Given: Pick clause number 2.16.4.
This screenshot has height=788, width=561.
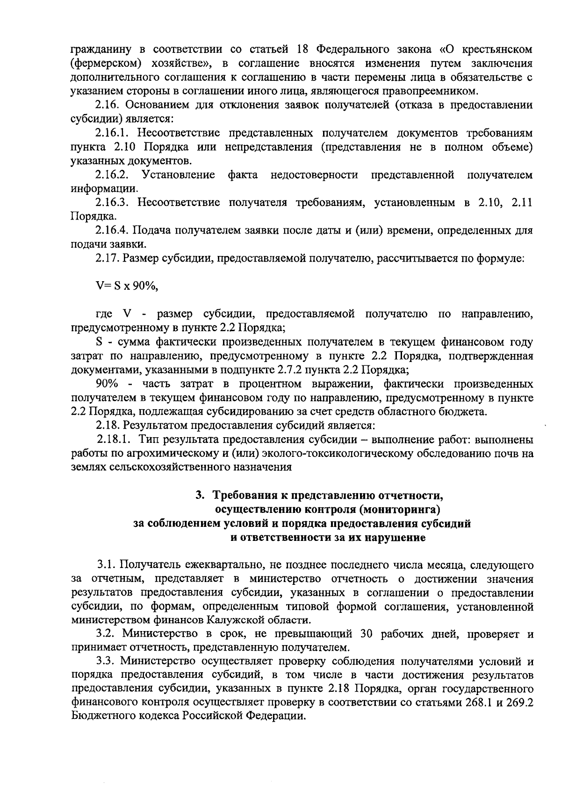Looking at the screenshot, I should point(112,230).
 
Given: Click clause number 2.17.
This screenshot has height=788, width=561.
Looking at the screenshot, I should point(106,258).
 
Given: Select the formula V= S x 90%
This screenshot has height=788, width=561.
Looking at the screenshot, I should point(127,286).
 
